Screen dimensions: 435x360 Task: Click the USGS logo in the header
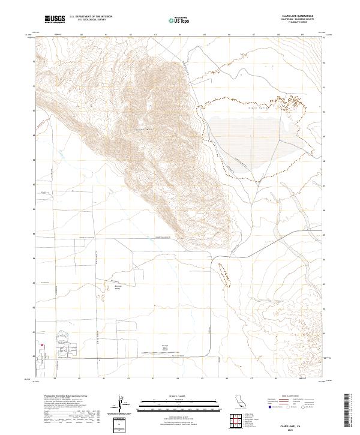tap(55, 20)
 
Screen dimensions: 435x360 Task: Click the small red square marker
tap(42, 345)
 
